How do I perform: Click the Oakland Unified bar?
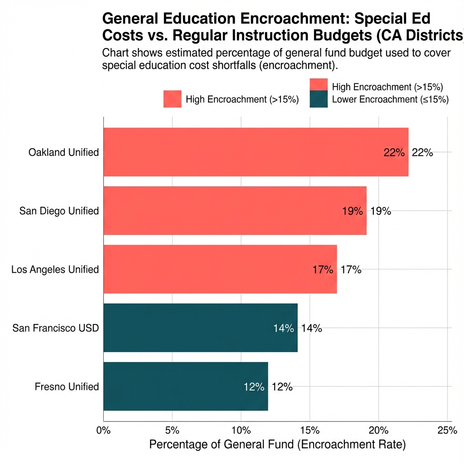256,152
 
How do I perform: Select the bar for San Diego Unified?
235,211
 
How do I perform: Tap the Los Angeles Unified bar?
220,269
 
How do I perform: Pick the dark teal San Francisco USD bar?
200,328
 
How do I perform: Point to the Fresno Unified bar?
186,386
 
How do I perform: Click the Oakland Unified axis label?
63,152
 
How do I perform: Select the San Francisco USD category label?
55,328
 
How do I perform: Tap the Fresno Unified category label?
67,387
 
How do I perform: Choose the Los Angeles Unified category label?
55,270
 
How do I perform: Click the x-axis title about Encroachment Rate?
277,445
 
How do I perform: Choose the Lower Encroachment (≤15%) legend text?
390,100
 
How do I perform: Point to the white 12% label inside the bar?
254,387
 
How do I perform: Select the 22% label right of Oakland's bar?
422,153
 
